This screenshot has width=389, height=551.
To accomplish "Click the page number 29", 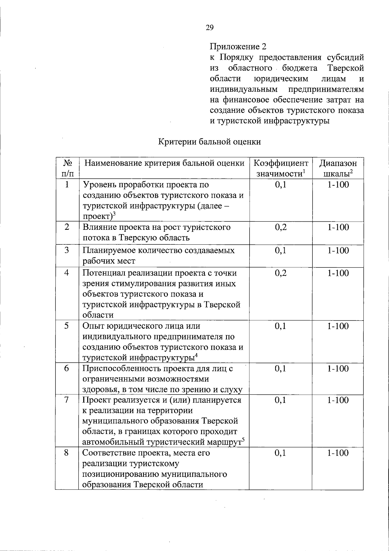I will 209,28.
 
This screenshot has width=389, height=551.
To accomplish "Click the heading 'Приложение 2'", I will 238,47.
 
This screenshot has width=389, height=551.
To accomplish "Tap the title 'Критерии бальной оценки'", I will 209,142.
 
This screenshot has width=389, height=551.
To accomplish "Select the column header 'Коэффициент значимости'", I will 281,168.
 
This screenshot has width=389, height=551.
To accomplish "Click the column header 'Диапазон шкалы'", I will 338,168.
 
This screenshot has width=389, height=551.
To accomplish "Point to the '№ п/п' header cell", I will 67,168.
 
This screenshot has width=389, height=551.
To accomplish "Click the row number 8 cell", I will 67,453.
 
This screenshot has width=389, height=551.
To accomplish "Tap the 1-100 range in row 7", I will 338,400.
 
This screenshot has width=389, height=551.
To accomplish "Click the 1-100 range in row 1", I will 338,185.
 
